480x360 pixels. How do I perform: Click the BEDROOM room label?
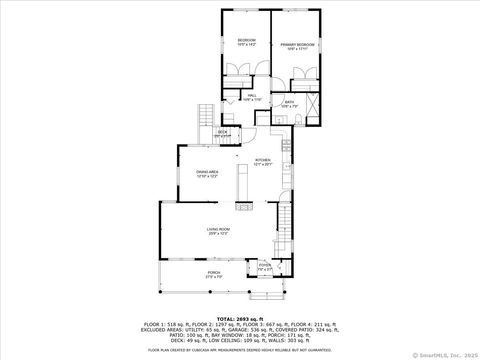(x=246, y=41)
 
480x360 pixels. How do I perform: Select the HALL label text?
(x=252, y=97)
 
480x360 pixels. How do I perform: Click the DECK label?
(x=223, y=132)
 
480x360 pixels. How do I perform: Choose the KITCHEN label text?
(x=262, y=162)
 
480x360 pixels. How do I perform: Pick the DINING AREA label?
(x=207, y=174)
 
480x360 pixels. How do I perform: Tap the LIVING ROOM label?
(x=218, y=231)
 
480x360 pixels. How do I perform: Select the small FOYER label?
(x=264, y=267)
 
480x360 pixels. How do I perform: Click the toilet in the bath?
(x=299, y=119)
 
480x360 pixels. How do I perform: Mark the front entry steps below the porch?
(x=266, y=292)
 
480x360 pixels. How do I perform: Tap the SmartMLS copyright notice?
(x=446, y=354)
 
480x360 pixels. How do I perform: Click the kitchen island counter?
(x=241, y=182)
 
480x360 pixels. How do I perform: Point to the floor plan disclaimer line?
(x=239, y=350)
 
